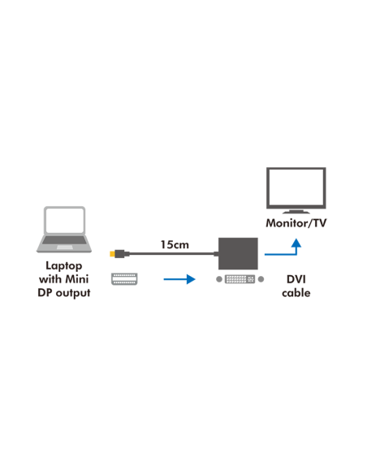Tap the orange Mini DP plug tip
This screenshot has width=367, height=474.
[x=113, y=255]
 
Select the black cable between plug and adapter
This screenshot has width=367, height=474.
[x=171, y=255]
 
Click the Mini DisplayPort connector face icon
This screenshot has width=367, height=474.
[x=123, y=278]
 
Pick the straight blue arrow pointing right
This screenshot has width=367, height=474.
[x=179, y=279]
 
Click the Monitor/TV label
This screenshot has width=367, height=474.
[x=296, y=222]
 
